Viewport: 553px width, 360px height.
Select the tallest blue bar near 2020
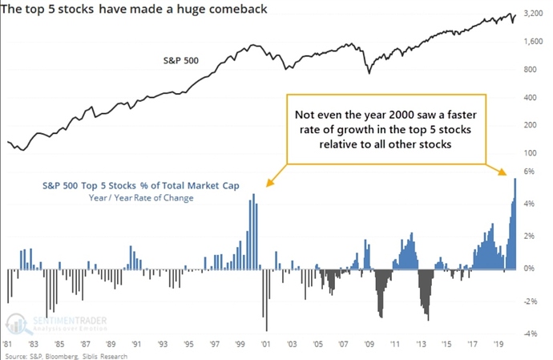pos(515,224)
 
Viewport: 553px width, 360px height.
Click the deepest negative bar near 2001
pos(266,301)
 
